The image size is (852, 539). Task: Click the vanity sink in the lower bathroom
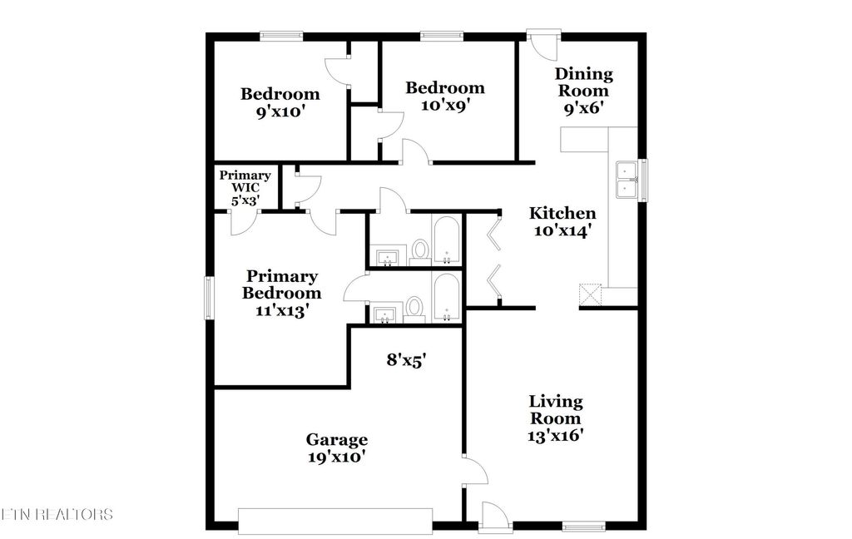coord(385,314)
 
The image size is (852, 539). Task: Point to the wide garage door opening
coord(335,521)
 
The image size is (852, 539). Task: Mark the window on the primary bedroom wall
coord(209,296)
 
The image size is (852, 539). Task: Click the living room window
coord(583,526)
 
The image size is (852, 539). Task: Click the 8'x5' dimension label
coord(407,360)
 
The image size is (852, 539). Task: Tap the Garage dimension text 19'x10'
coord(336,456)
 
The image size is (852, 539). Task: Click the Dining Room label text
coord(584,82)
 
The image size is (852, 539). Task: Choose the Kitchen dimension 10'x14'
coord(562,232)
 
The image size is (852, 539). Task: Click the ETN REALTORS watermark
coord(57,514)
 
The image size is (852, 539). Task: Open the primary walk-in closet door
coord(242,221)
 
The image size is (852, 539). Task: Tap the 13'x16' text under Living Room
coord(556,435)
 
